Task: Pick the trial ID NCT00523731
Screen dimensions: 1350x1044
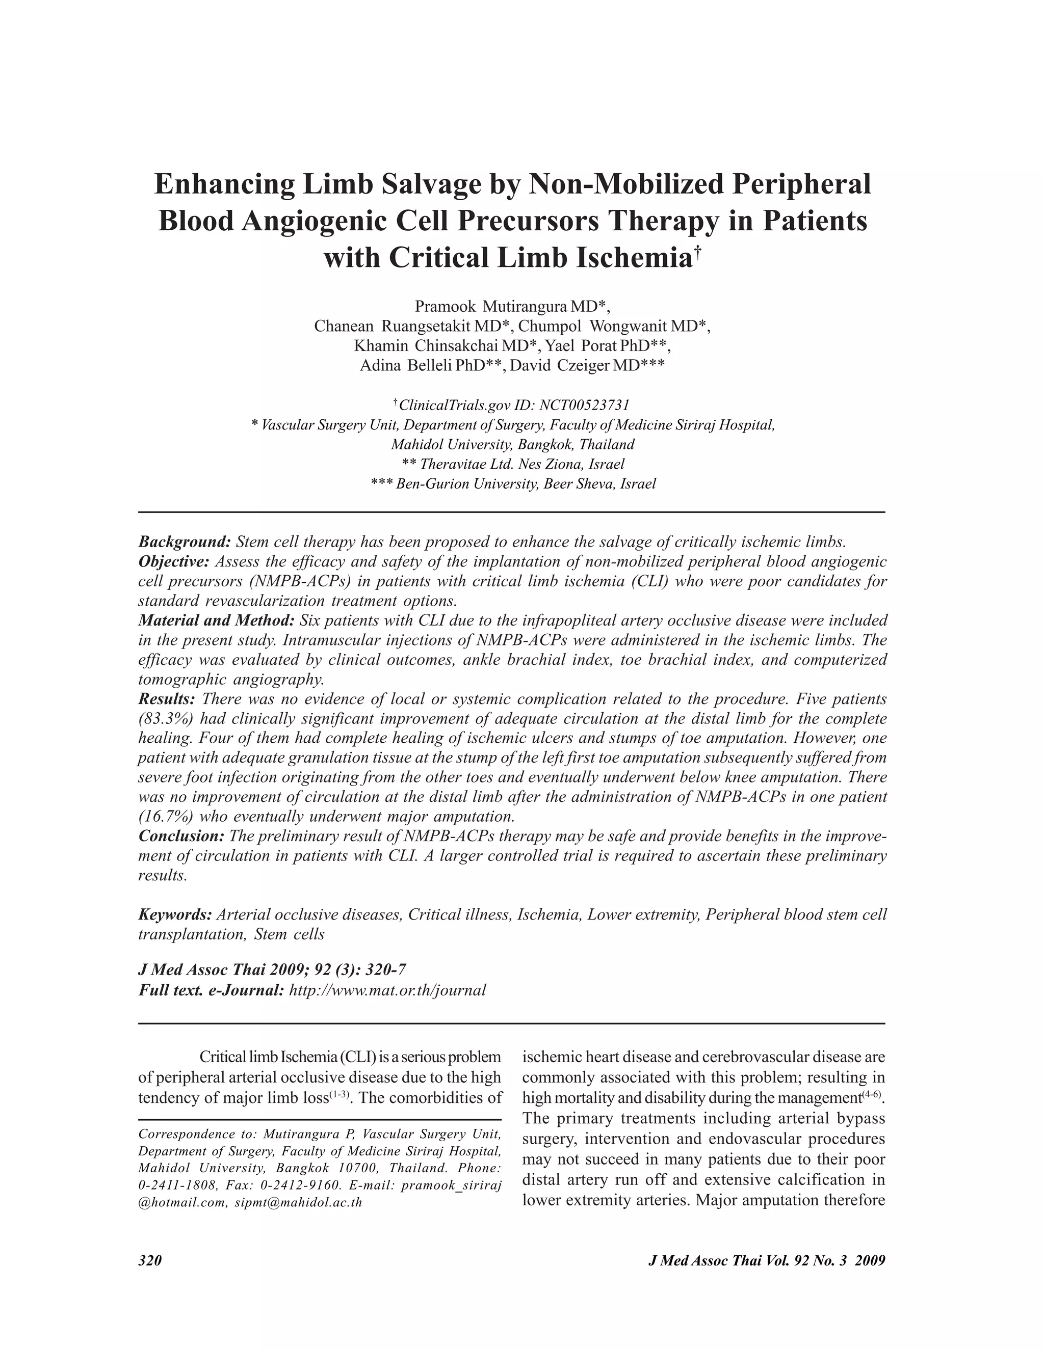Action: click(x=585, y=406)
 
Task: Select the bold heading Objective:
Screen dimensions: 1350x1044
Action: click(x=174, y=562)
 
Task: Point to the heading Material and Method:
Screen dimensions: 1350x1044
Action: click(x=217, y=620)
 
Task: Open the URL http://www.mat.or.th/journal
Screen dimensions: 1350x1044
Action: click(x=387, y=990)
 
